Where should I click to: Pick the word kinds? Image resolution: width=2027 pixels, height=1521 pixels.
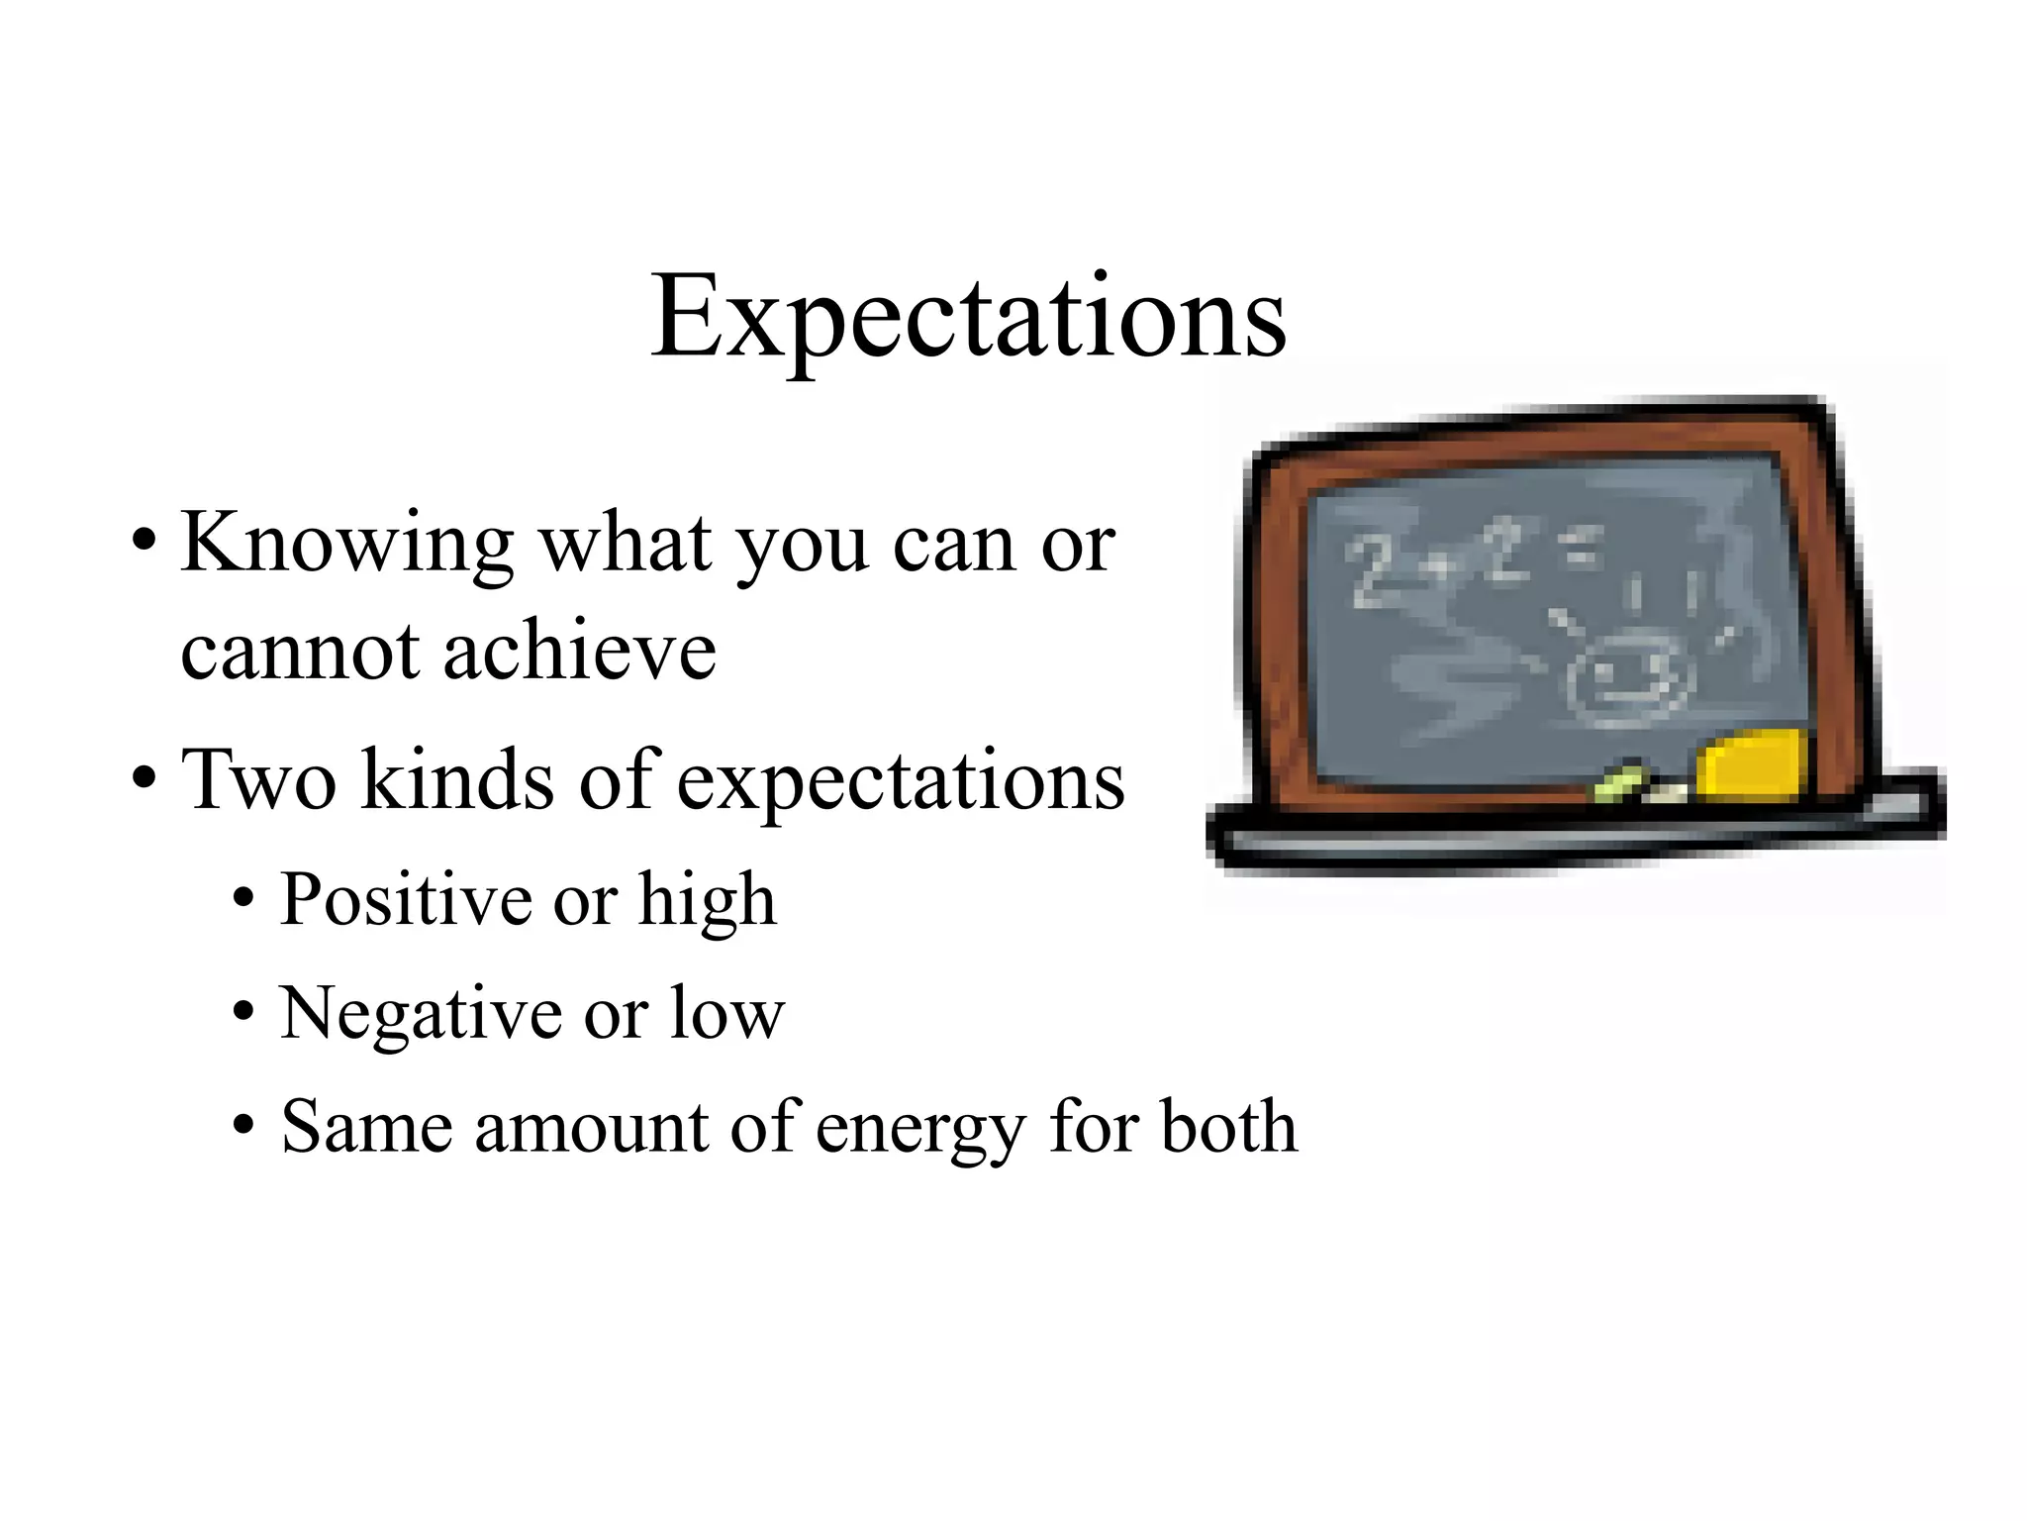pos(456,780)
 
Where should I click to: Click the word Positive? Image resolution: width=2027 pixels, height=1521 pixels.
pos(407,900)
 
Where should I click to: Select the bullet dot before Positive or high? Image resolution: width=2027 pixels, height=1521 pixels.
pos(243,900)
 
